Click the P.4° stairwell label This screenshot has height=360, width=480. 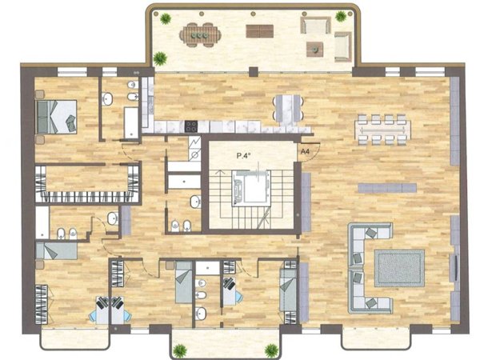pos(244,155)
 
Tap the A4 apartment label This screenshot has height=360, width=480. pos(305,151)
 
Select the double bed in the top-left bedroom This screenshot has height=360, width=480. pos(56,117)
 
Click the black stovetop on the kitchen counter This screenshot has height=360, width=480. pos(191,126)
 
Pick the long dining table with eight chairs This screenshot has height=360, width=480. pos(382,130)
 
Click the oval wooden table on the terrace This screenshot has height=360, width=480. pos(200,35)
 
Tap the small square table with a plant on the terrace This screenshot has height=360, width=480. pos(314,49)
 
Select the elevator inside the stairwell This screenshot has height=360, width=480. pos(251,187)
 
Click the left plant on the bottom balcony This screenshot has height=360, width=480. pos(180,350)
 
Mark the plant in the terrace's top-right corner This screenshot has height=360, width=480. pos(341,16)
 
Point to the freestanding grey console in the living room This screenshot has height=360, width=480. pos(387,188)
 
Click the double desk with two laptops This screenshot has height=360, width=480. pos(111,310)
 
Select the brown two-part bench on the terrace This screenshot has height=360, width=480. pos(259,31)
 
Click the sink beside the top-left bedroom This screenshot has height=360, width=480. pos(107,99)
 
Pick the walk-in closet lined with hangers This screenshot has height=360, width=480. pos(87,184)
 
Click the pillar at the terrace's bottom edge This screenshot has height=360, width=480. pos(254,72)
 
